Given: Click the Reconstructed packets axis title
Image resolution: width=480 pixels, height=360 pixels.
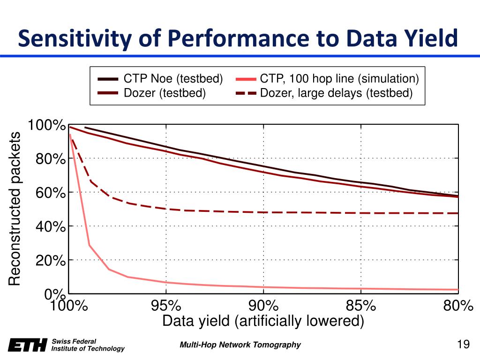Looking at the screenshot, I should pyautogui.click(x=15, y=209).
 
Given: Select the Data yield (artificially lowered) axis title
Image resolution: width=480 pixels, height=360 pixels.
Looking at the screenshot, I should pyautogui.click(x=263, y=321).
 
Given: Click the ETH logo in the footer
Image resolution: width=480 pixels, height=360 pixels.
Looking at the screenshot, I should pyautogui.click(x=28, y=345).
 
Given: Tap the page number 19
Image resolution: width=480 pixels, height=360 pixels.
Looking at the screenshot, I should pyautogui.click(x=463, y=345).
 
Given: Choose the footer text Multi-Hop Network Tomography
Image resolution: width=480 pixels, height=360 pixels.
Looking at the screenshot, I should pyautogui.click(x=240, y=345).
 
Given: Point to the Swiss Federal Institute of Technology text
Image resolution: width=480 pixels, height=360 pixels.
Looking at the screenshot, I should pyautogui.click(x=88, y=345).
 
